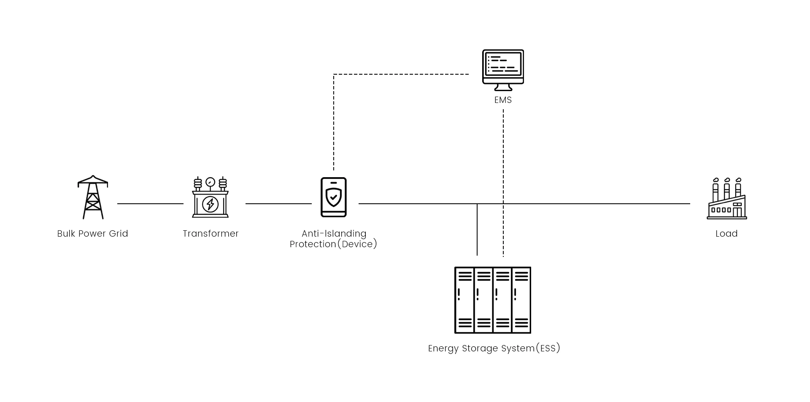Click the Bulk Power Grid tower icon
[93, 197]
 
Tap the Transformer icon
[210, 197]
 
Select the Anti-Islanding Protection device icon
[333, 197]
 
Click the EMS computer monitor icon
[503, 70]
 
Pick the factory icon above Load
[726, 199]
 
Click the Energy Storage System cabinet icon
[492, 300]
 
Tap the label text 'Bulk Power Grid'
[92, 234]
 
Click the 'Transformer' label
[211, 234]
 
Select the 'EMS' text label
[503, 100]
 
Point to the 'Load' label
[726, 234]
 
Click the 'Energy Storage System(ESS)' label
[494, 348]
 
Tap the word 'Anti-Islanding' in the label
[334, 234]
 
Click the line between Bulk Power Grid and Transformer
[150, 204]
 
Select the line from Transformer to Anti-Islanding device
[278, 204]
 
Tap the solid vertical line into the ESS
[477, 230]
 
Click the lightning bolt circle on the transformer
[210, 204]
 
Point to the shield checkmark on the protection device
[334, 197]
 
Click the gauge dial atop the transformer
[210, 183]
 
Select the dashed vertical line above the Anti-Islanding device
[334, 122]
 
